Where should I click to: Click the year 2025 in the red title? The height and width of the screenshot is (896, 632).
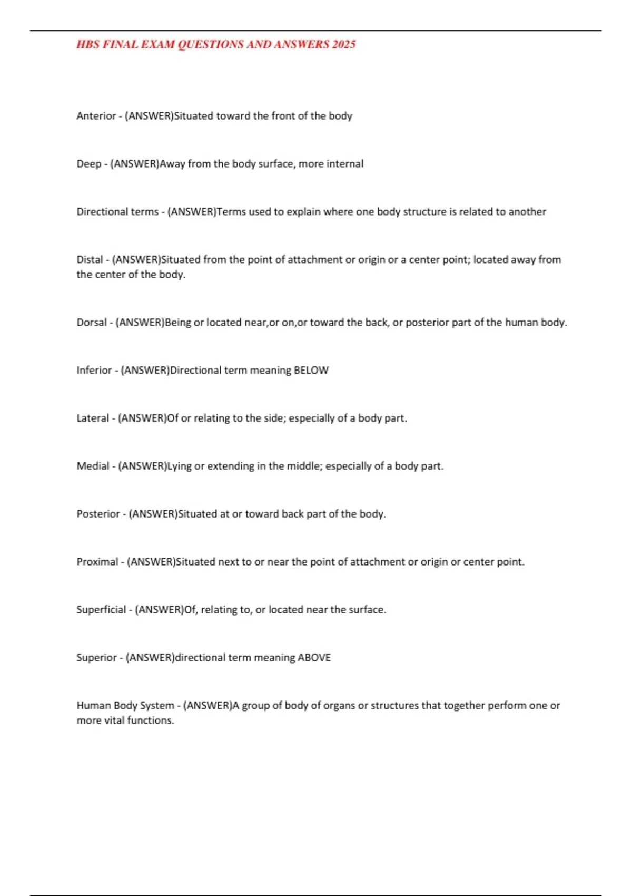coord(343,44)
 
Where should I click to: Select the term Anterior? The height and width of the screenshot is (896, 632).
coord(96,116)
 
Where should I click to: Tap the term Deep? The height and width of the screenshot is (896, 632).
coord(88,164)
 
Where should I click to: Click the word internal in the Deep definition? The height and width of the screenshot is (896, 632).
coord(345,164)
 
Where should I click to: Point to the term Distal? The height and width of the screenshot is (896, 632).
coord(90,259)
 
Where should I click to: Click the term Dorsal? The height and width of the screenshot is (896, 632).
coord(92,322)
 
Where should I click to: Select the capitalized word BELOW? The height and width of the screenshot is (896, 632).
coord(311,370)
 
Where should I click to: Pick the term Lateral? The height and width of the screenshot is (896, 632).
coord(93,418)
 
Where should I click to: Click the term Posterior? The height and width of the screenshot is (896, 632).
coord(98,514)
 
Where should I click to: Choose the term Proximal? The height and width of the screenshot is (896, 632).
coord(97,562)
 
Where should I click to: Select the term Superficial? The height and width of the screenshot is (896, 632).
coord(101,610)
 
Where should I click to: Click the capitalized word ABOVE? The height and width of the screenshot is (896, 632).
coord(314,658)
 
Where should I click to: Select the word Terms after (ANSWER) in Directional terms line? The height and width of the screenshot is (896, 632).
coord(231,212)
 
